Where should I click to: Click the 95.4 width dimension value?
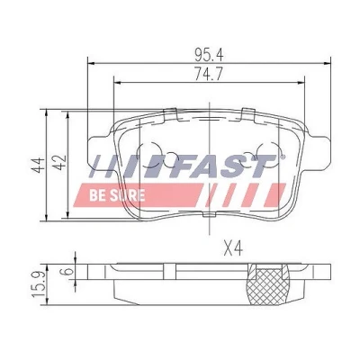click(209, 55)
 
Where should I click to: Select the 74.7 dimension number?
click(209, 74)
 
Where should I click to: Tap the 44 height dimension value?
click(39, 165)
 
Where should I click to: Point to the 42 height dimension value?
click(60, 163)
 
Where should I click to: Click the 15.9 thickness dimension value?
click(39, 283)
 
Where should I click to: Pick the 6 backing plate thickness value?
click(67, 271)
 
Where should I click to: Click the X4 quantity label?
click(233, 249)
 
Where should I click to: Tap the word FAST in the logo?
click(226, 166)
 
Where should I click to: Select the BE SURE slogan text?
click(117, 195)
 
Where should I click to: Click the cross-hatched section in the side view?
click(266, 284)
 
